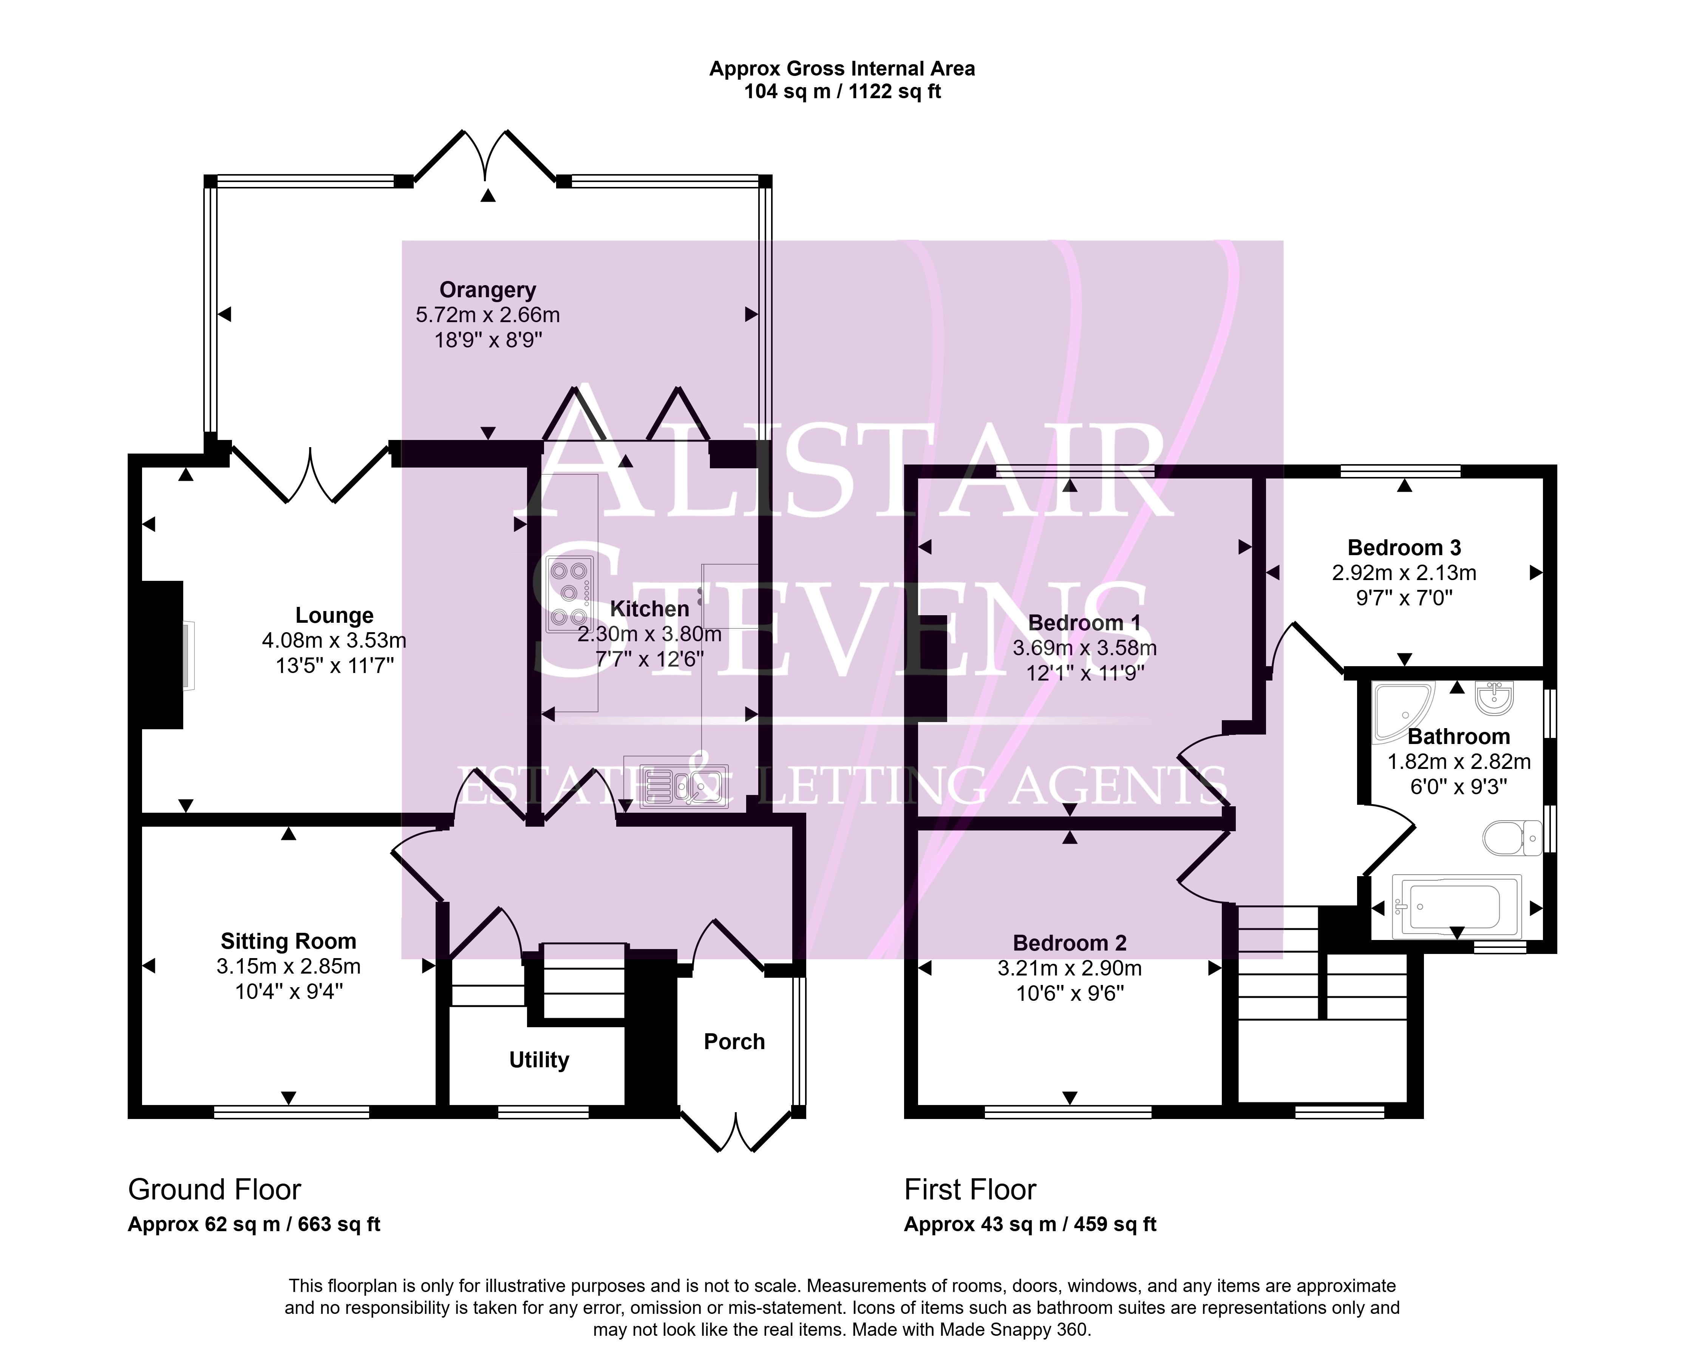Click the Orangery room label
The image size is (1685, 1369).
(487, 290)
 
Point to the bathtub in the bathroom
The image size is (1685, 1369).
(1457, 907)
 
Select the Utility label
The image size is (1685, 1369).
(539, 1060)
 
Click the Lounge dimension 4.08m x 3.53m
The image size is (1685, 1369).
(334, 641)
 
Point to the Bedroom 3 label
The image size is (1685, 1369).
(1404, 547)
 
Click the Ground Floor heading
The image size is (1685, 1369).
(215, 1189)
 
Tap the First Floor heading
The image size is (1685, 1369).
(970, 1189)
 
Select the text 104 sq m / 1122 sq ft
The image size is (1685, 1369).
(842, 91)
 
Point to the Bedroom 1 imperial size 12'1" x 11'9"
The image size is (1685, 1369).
(1085, 673)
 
